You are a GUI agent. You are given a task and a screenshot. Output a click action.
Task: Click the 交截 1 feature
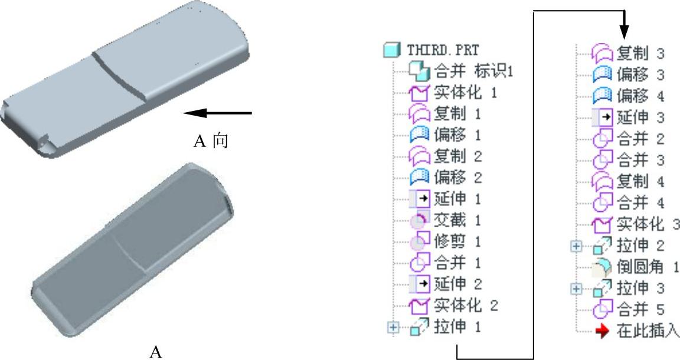click(x=457, y=220)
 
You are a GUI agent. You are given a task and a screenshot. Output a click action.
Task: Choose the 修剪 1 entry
click(x=457, y=241)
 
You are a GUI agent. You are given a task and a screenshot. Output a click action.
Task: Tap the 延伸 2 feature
click(x=457, y=284)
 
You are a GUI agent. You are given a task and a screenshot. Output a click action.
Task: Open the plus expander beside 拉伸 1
click(x=393, y=327)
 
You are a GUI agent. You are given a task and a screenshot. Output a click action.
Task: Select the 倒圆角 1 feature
click(x=646, y=267)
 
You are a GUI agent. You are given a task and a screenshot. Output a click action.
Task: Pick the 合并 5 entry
click(x=640, y=310)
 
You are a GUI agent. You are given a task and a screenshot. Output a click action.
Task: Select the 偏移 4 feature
click(x=640, y=96)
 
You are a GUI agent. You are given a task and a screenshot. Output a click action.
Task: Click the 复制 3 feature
click(x=640, y=54)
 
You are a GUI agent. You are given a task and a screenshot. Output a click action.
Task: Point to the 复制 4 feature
click(x=640, y=181)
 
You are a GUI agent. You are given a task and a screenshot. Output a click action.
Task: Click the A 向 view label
click(x=211, y=142)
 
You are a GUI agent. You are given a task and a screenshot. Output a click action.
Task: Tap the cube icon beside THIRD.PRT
click(x=390, y=51)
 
